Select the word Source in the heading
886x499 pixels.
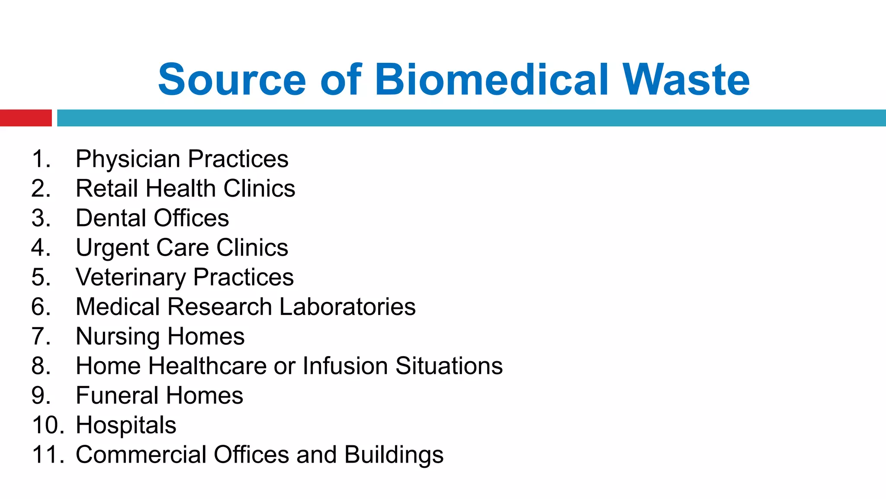232,80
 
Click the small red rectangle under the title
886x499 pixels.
26,118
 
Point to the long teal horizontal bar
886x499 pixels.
471,118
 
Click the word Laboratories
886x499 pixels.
347,307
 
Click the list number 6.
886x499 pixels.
40,307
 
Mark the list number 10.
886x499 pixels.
45,425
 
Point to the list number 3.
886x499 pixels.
40,218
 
